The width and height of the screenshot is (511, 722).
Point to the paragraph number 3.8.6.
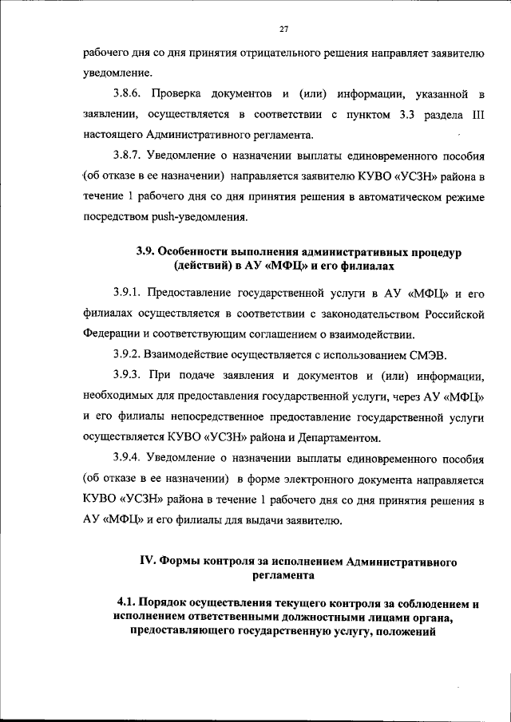(129, 95)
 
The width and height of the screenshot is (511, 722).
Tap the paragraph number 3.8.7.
(129, 155)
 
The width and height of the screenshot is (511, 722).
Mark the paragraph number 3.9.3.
(129, 375)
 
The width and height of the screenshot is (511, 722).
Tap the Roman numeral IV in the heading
(147, 561)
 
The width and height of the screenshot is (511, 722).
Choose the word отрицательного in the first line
(288, 53)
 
